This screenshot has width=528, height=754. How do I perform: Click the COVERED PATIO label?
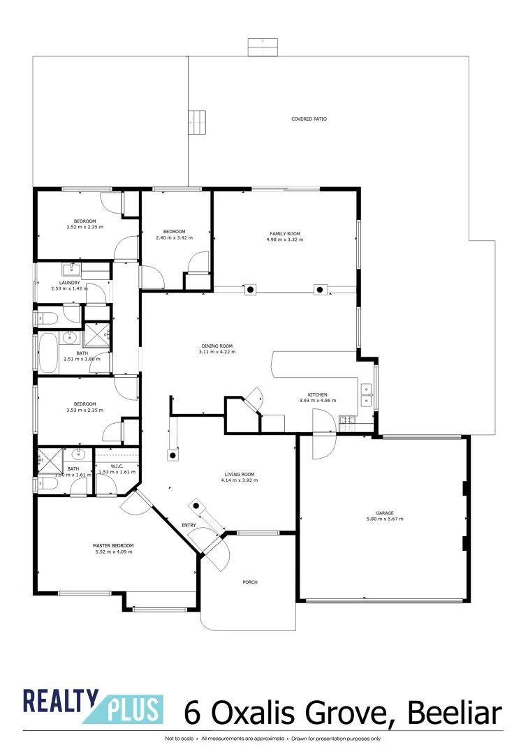pyautogui.click(x=309, y=119)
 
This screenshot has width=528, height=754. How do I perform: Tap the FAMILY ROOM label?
pyautogui.click(x=284, y=233)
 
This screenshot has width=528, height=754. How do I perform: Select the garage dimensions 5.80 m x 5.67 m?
pyautogui.click(x=385, y=519)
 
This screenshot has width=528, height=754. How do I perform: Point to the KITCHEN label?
pyautogui.click(x=318, y=394)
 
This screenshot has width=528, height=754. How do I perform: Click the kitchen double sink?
pyautogui.click(x=366, y=394)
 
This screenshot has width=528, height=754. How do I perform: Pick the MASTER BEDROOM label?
pyautogui.click(x=113, y=545)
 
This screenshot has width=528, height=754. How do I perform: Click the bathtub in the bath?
pyautogui.click(x=48, y=353)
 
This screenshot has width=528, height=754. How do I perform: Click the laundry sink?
pyautogui.click(x=72, y=269)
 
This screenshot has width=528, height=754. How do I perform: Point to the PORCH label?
pyautogui.click(x=251, y=582)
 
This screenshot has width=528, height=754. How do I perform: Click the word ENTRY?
pyautogui.click(x=189, y=525)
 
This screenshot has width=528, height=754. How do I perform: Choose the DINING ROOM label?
pyautogui.click(x=217, y=346)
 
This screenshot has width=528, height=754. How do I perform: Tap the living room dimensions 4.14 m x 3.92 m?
pyautogui.click(x=237, y=480)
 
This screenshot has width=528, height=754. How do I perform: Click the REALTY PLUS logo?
pyautogui.click(x=93, y=707)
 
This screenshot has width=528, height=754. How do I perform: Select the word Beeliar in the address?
pyautogui.click(x=455, y=714)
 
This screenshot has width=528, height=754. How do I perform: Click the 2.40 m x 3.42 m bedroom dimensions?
pyautogui.click(x=174, y=238)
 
